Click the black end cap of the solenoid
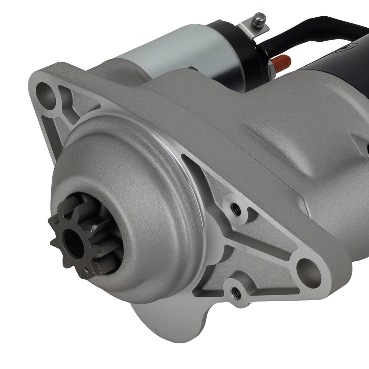point(236,55)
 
